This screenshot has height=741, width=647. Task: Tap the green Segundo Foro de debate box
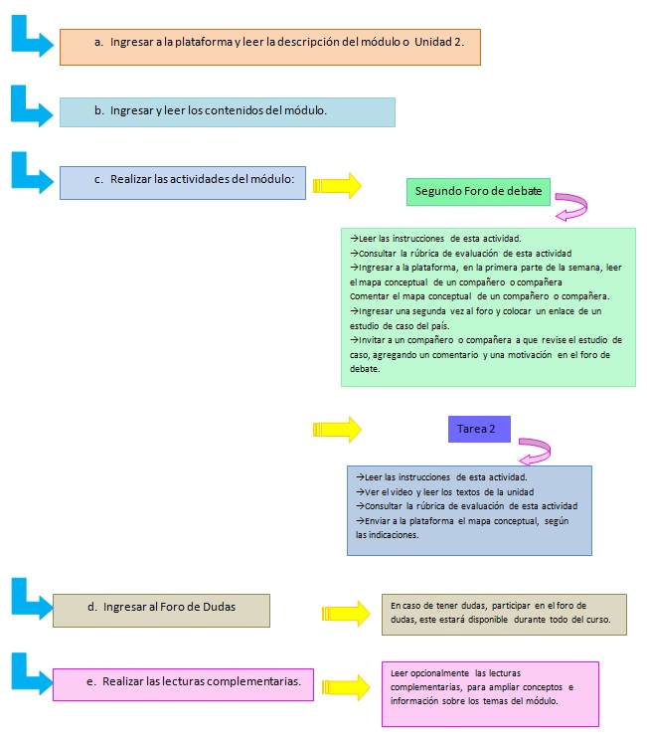pyautogui.click(x=478, y=191)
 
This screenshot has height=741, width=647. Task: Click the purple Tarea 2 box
pyautogui.click(x=479, y=429)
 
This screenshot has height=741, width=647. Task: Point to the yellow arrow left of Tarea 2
pyautogui.click(x=337, y=430)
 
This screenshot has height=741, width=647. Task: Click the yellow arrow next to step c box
pyautogui.click(x=337, y=186)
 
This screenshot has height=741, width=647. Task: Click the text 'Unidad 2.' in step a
pyautogui.click(x=439, y=42)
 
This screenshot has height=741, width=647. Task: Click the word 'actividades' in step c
pyautogui.click(x=209, y=179)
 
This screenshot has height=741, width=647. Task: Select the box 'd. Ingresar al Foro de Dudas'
pyautogui.click(x=162, y=611)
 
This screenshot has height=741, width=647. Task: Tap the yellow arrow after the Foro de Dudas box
pyautogui.click(x=346, y=614)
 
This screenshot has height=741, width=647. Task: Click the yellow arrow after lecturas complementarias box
pyautogui.click(x=346, y=687)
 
